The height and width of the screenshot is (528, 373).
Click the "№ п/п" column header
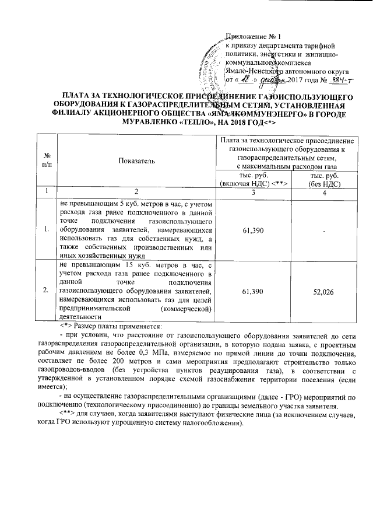[45, 162]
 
